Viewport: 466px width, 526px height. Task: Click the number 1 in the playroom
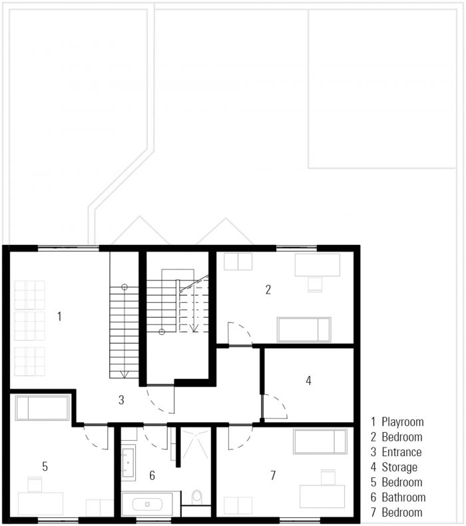tap(59, 316)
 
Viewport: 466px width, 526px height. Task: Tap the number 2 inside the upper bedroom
tap(268, 290)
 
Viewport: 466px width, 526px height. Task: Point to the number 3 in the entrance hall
tap(121, 400)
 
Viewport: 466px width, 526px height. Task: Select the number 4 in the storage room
tap(308, 380)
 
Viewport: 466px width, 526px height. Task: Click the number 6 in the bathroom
tap(152, 475)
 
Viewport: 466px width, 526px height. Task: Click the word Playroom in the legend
tap(403, 421)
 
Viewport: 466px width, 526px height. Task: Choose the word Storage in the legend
tap(399, 467)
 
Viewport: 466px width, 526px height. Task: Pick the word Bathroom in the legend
tap(403, 497)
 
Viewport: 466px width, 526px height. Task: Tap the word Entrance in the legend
tap(401, 452)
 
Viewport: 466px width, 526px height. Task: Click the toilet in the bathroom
tap(197, 497)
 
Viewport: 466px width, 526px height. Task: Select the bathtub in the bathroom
tap(147, 504)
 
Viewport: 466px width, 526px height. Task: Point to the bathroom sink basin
tap(128, 463)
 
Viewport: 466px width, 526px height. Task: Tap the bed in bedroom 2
tap(304, 330)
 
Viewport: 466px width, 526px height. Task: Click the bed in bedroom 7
tap(320, 441)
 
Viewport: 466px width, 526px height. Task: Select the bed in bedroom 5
tap(42, 408)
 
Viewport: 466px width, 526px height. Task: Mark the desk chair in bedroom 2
tap(316, 284)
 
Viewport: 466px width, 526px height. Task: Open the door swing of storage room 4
tap(275, 407)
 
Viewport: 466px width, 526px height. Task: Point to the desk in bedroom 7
tap(322, 496)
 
